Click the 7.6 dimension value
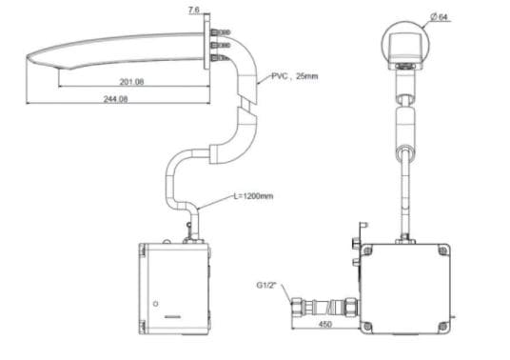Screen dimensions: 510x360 tap(193, 10)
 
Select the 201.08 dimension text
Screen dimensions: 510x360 tap(131, 82)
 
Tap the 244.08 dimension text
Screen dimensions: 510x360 tap(115, 99)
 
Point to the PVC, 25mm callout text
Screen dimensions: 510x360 tap(295, 76)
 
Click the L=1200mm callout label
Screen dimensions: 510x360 tap(253, 196)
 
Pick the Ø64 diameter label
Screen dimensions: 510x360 tap(439, 17)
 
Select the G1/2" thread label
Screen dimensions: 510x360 tap(266, 285)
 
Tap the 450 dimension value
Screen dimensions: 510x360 tap(324, 324)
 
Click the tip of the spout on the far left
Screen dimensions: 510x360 tap(27, 57)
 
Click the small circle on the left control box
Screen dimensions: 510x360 tap(155, 304)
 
